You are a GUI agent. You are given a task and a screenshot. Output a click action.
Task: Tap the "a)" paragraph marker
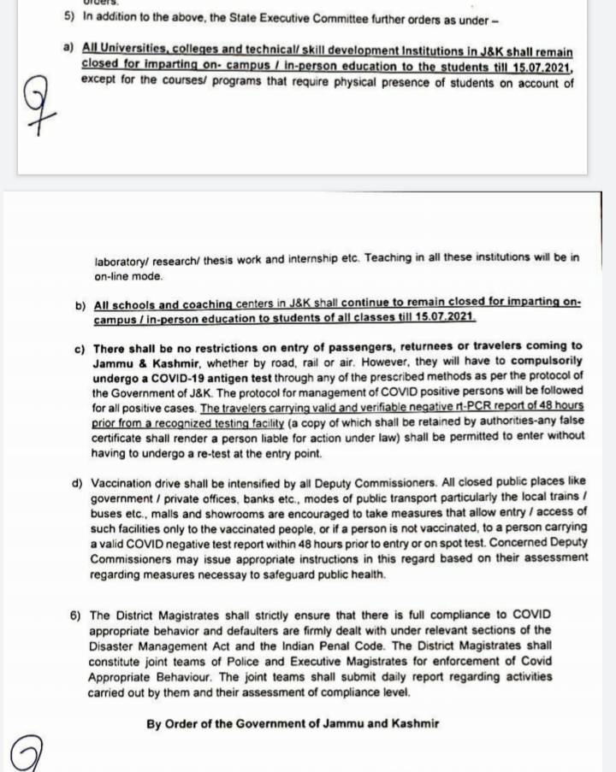[x=68, y=53]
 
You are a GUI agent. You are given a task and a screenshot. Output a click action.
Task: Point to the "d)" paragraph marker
[x=78, y=482]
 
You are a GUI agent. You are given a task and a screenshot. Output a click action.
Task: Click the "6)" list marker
[x=75, y=615]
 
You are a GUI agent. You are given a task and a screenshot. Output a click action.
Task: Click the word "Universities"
[x=129, y=53]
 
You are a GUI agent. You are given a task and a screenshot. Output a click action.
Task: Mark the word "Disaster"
[x=111, y=645]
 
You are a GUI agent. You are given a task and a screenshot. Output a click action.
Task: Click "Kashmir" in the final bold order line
[x=409, y=723]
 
